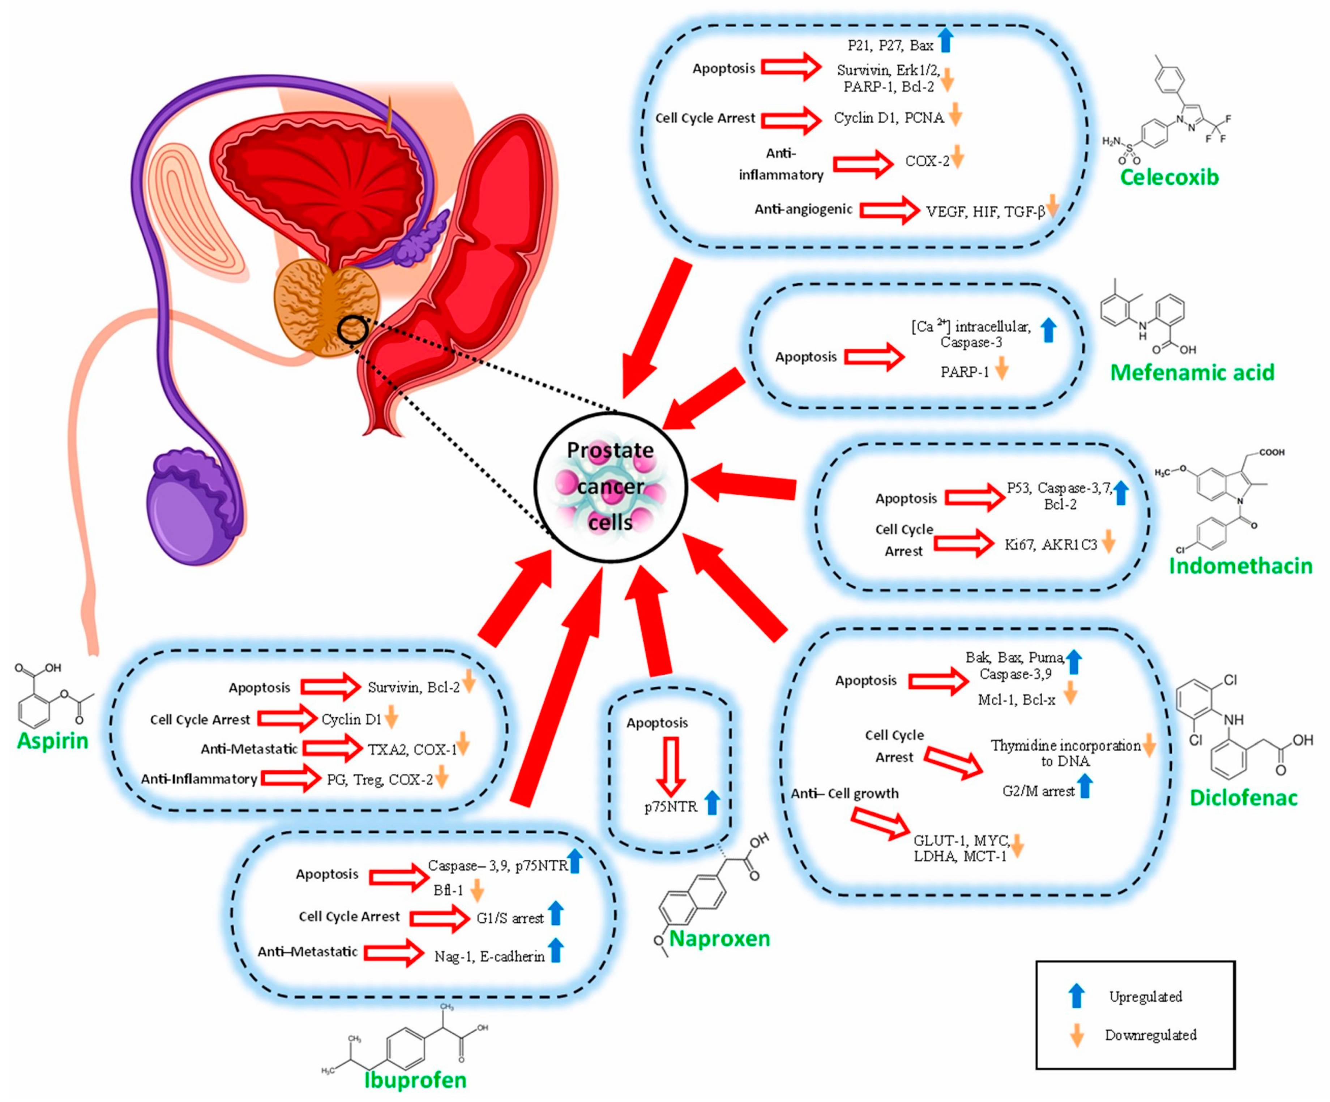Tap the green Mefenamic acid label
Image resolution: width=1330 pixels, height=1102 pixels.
coord(1192,372)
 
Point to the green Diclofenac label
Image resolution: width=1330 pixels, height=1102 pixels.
coord(1243,797)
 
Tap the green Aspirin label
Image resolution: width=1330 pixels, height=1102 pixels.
coord(52,740)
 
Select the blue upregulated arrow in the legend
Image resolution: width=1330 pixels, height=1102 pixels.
coord(1076,996)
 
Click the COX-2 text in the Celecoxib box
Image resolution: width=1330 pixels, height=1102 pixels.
coord(927,162)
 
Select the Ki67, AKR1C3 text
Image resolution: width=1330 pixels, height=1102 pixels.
coord(1051,544)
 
